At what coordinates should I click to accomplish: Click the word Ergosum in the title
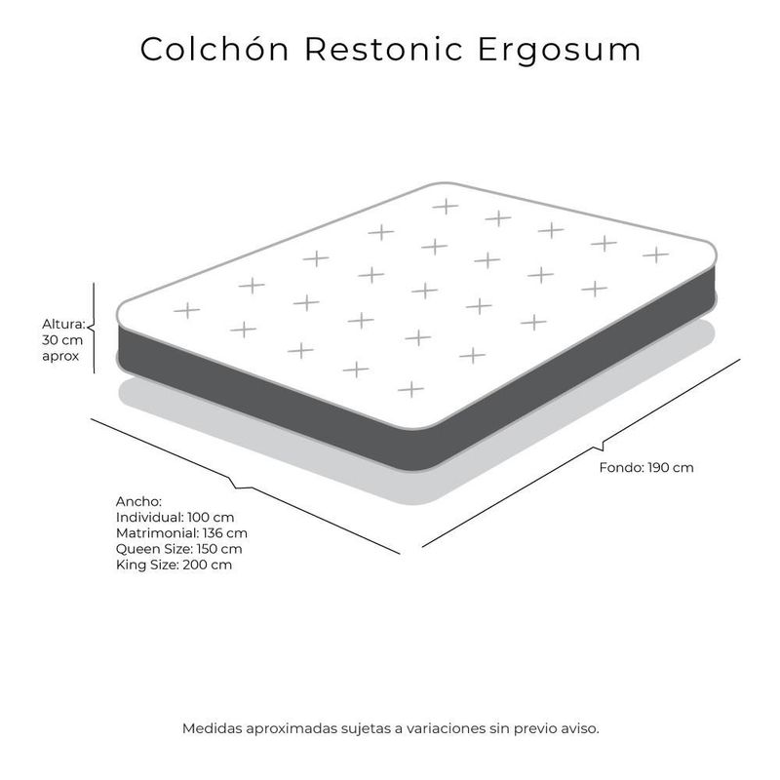click(x=561, y=50)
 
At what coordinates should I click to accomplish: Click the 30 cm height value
click(x=63, y=340)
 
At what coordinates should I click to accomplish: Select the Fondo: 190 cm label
click(x=645, y=467)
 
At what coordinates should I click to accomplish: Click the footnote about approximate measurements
click(x=390, y=727)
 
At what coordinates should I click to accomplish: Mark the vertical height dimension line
click(x=94, y=328)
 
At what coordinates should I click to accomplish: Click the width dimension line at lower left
click(x=244, y=485)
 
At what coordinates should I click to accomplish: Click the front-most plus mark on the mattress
click(x=410, y=389)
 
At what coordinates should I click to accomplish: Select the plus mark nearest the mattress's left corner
click(x=185, y=310)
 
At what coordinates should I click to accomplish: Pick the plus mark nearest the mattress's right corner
click(x=655, y=254)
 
